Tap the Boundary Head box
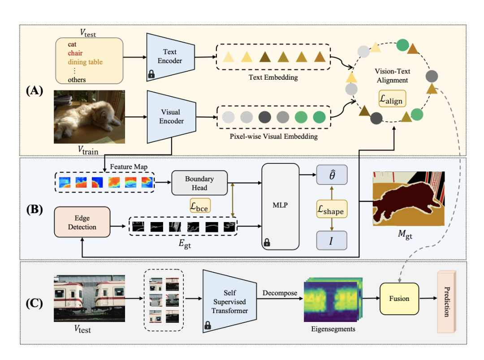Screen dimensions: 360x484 pos(199,183)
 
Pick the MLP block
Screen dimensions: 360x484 pos(280,206)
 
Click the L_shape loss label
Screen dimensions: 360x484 pos(332,209)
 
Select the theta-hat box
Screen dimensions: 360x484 pos(332,175)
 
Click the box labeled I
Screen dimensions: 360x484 pos(332,241)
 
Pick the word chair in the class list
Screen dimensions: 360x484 pos(75,53)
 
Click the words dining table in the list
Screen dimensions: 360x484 pos(86,62)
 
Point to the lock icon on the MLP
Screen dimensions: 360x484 pos(267,242)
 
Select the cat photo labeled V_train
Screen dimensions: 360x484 pos(89,117)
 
